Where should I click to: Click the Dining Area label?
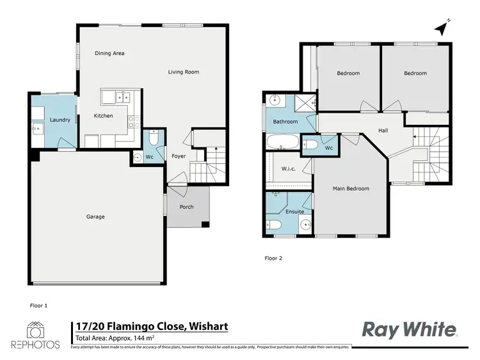109,53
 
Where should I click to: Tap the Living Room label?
184,72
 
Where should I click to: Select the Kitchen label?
104,116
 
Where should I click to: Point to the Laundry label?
60,120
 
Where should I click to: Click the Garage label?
95,217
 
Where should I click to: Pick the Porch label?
186,207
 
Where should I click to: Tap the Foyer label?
179,156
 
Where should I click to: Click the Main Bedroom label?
351,189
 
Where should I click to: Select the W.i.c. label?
288,169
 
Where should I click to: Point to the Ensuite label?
295,211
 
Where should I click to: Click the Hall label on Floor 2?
383,131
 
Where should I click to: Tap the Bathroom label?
285,121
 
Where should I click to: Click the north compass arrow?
440,28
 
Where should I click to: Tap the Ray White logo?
410,329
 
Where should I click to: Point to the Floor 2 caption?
273,259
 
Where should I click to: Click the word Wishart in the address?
208,327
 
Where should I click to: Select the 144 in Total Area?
141,338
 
